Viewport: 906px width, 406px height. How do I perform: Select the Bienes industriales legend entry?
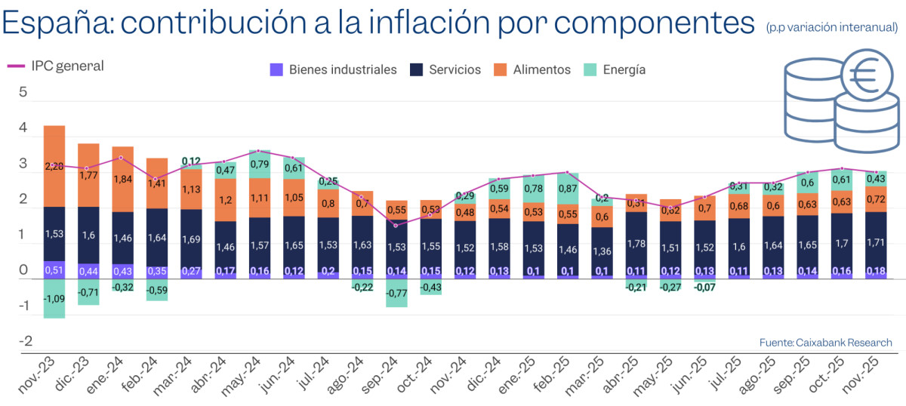pos(333,69)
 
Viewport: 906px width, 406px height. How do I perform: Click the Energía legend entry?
pos(615,69)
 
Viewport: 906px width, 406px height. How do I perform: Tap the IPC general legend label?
pos(67,66)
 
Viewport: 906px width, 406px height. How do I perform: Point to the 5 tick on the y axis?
pos(23,93)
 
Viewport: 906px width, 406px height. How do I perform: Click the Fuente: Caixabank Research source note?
pos(825,343)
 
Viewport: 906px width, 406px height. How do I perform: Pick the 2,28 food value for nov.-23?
pos(54,166)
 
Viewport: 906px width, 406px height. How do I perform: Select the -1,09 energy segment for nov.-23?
pos(54,298)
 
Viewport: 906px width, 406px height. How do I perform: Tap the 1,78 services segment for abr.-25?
pos(636,243)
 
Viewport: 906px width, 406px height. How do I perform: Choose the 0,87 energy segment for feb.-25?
pos(568,189)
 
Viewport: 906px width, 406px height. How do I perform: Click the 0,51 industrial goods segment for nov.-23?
pos(54,270)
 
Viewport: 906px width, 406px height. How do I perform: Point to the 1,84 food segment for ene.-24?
pos(122,179)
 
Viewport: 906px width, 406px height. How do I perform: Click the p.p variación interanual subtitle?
pos(831,28)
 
